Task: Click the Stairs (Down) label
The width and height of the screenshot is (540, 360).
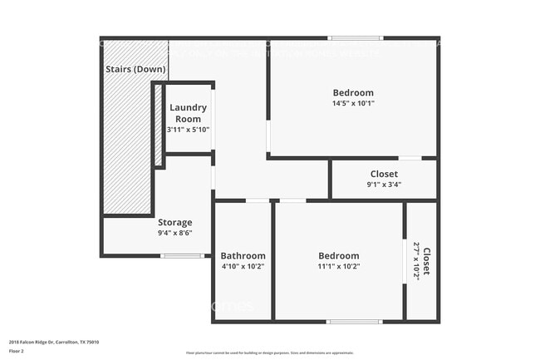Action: [135, 69]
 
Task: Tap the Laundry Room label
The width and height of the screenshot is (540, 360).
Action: [188, 113]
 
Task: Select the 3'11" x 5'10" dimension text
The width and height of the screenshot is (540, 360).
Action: [188, 130]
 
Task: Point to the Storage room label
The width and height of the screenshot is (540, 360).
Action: [174, 222]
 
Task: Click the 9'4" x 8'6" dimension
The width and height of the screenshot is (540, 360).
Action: [174, 234]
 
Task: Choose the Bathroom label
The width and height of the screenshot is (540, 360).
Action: [243, 255]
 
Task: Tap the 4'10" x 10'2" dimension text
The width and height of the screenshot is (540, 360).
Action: [243, 267]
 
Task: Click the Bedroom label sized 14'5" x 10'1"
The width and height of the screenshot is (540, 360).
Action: [353, 92]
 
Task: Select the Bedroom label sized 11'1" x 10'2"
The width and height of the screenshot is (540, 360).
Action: [339, 255]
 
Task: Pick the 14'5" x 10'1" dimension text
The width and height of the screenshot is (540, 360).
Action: [353, 104]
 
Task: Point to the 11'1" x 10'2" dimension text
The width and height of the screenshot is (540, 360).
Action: [339, 267]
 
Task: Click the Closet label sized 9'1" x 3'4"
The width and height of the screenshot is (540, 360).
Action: [384, 174]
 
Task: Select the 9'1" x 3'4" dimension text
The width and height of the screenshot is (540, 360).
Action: [384, 185]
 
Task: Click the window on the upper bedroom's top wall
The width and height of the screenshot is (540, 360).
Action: [356, 37]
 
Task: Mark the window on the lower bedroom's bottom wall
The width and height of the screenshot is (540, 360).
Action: [354, 322]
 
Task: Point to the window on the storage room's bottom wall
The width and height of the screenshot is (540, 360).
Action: [182, 255]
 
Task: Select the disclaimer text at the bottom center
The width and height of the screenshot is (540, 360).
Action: [270, 353]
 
